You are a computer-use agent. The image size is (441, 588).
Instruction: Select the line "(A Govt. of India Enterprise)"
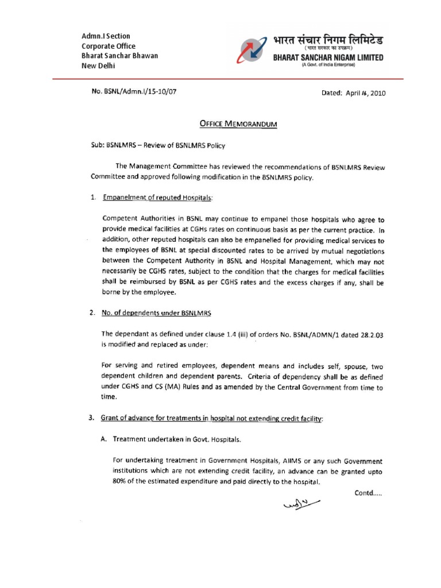pos(329,66)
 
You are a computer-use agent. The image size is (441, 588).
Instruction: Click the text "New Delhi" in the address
pos(99,66)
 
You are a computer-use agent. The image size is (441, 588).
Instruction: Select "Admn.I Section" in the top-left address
pos(106,37)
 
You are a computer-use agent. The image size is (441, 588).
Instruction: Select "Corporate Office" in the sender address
pos(109,47)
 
